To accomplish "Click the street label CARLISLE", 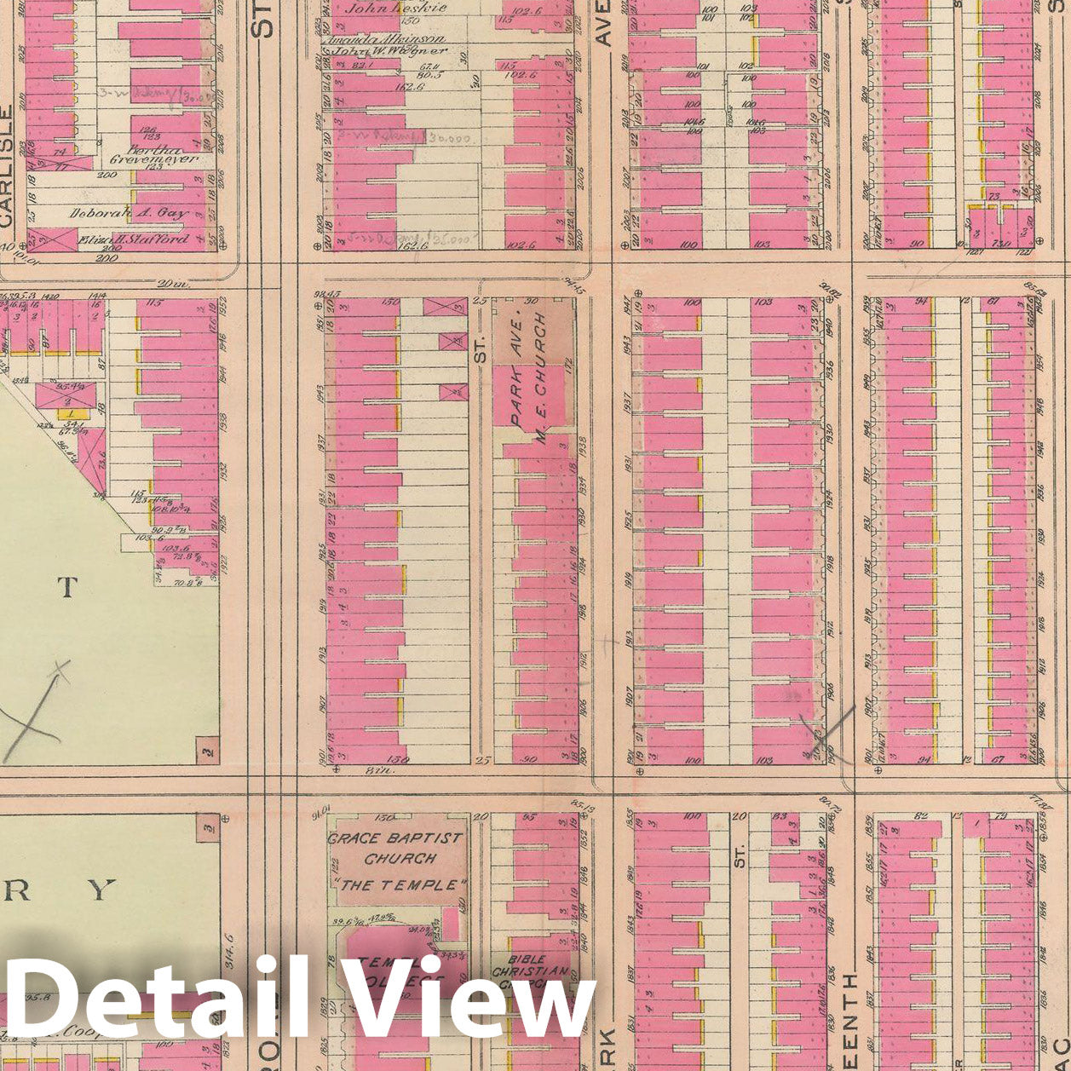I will click(9, 166).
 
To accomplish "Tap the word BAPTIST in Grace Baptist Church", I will click(424, 838).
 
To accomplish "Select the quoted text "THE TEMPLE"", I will click(399, 885).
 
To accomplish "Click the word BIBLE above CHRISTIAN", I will click(529, 959).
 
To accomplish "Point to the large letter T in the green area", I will click(67, 586).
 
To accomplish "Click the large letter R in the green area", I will click(21, 890).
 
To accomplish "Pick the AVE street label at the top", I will click(604, 26).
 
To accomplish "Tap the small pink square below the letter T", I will click(207, 751).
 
